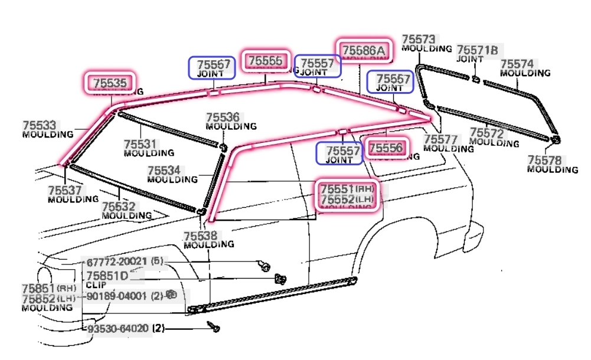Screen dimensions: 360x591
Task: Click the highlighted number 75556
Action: click(x=385, y=148)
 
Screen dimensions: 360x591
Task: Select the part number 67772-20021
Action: click(x=116, y=261)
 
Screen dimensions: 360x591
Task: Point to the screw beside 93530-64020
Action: click(x=214, y=326)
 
